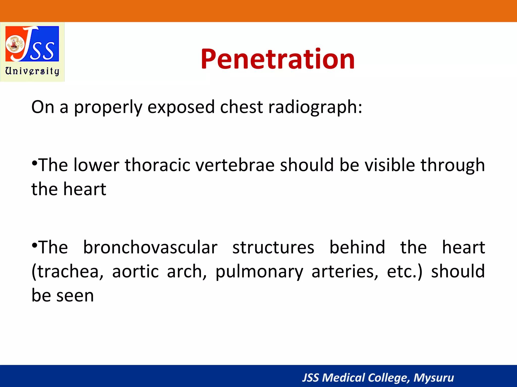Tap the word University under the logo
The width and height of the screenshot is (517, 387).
(x=32, y=71)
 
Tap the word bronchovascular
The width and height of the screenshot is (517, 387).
(x=150, y=247)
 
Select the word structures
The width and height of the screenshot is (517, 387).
(x=273, y=247)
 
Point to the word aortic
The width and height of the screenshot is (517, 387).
(x=135, y=271)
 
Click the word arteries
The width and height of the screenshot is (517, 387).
(x=345, y=271)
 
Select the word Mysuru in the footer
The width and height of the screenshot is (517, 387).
(x=433, y=378)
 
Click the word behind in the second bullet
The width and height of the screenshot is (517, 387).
(x=357, y=247)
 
